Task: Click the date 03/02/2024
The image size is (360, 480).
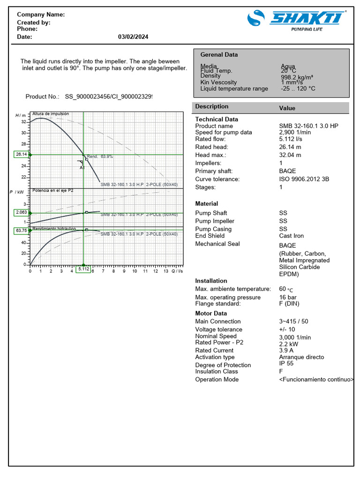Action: [133, 37]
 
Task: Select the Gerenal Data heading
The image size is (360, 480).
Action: [219, 55]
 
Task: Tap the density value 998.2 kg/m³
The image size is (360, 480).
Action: [297, 77]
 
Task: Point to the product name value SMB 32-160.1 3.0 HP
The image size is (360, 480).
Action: [308, 126]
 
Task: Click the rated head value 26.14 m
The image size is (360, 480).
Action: [290, 147]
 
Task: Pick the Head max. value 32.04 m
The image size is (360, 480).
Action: [290, 155]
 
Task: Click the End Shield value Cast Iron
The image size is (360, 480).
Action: [292, 236]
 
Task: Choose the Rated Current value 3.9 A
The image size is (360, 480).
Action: [286, 350]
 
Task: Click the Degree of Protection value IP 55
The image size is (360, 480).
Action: [286, 363]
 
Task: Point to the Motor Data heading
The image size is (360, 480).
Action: [211, 314]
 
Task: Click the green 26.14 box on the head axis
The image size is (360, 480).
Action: [22, 154]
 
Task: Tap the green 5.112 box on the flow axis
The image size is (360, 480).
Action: [83, 269]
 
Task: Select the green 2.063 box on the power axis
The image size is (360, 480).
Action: [22, 212]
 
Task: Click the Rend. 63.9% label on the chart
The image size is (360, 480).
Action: [100, 157]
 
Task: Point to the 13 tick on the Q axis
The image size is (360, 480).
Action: [166, 271]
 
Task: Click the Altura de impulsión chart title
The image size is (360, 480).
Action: [51, 114]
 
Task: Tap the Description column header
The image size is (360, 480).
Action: [212, 107]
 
